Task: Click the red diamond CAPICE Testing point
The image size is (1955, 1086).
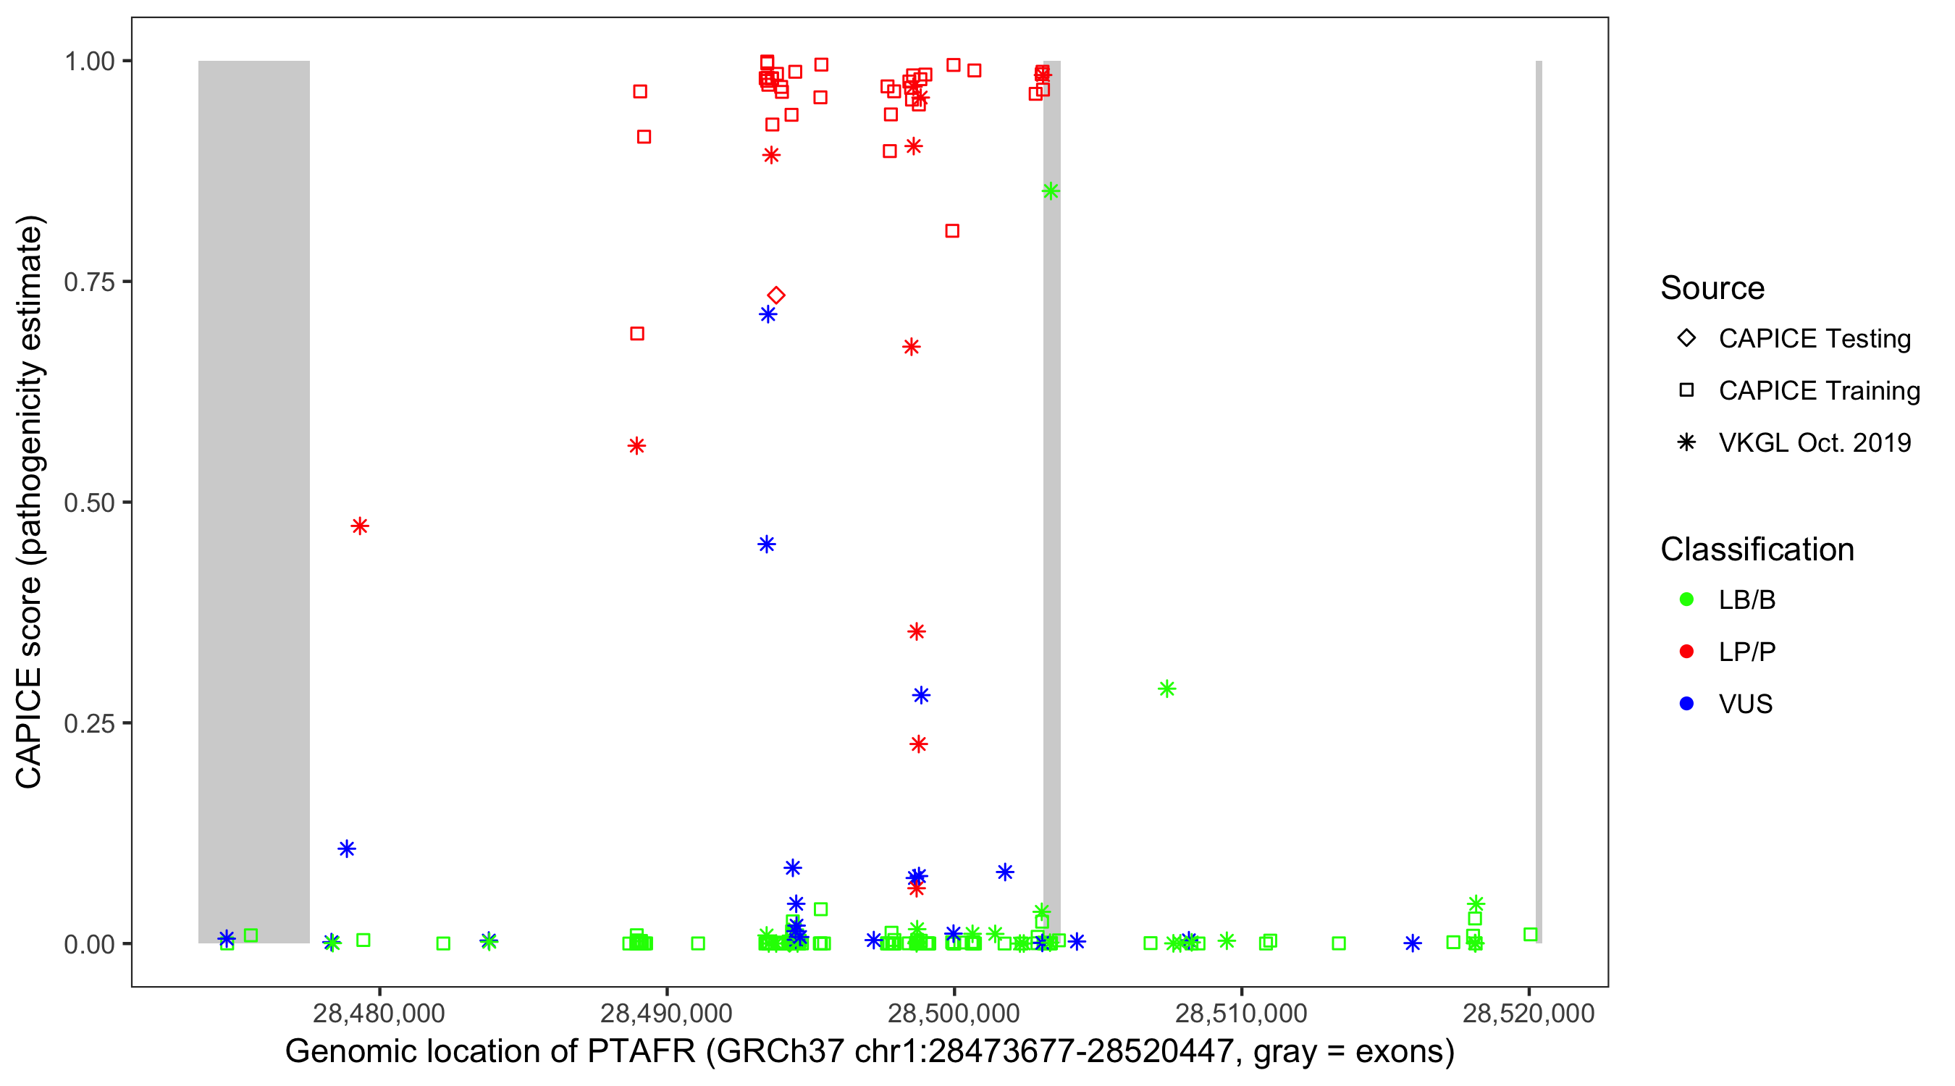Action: [x=775, y=295]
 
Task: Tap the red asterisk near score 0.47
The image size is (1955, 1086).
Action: [x=360, y=526]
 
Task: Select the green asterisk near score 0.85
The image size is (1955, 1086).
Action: [x=1051, y=191]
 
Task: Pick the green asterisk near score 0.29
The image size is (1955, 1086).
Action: [x=1167, y=689]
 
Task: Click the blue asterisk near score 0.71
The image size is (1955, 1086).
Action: [x=768, y=314]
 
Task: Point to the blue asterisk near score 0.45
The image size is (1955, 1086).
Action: [x=767, y=544]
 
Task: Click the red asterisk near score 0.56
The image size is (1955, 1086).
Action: [x=636, y=445]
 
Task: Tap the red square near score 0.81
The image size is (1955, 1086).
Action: [x=952, y=231]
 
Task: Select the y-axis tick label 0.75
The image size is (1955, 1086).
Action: [x=88, y=282]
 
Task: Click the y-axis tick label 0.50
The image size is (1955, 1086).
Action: [x=88, y=503]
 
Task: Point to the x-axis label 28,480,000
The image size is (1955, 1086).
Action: [x=379, y=1013]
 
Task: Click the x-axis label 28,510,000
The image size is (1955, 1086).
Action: [x=1241, y=1013]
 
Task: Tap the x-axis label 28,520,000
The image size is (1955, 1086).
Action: [x=1528, y=1013]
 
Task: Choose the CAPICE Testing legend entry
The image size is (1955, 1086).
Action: [x=1814, y=339]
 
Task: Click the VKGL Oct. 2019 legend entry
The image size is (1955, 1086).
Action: [x=1814, y=443]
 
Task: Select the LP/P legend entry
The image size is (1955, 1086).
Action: [x=1746, y=652]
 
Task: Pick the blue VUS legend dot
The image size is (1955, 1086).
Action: [x=1686, y=704]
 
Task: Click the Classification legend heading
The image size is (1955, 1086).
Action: [x=1757, y=550]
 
